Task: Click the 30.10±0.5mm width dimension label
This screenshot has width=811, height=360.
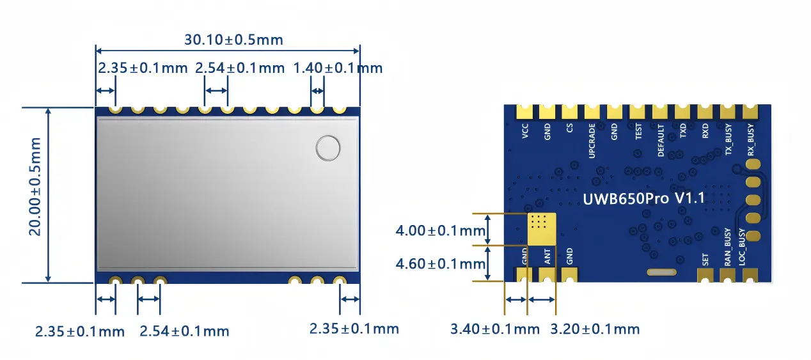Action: coord(233,40)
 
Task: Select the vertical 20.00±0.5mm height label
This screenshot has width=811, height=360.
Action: coord(35,186)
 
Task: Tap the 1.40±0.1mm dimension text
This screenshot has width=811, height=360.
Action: coord(337,68)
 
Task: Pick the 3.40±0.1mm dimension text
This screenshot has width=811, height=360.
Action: coord(494,329)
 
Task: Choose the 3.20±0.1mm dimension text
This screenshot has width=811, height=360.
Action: coord(595,329)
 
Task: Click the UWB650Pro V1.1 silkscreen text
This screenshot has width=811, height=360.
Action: coord(643,198)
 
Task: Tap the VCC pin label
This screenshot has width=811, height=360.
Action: coord(525,132)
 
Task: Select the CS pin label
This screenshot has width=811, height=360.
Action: coord(570,131)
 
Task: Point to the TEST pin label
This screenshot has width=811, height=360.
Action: coord(638,132)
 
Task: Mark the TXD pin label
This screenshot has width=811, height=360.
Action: coord(683,132)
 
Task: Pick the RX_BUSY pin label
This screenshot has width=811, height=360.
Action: coord(751,141)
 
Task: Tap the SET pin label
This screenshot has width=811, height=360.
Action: coord(705,260)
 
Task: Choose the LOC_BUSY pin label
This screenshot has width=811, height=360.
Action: coord(743,247)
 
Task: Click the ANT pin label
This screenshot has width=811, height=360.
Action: coord(547,258)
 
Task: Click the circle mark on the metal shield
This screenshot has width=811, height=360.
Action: coord(328,148)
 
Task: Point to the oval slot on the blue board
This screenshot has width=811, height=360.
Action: coord(661,272)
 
